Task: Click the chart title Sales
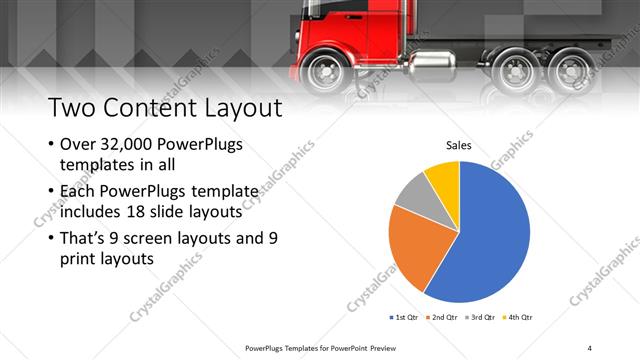(459, 146)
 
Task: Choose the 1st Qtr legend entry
(405, 317)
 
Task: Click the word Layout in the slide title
(231, 107)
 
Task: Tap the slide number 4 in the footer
(589, 347)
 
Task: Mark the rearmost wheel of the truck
(571, 70)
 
